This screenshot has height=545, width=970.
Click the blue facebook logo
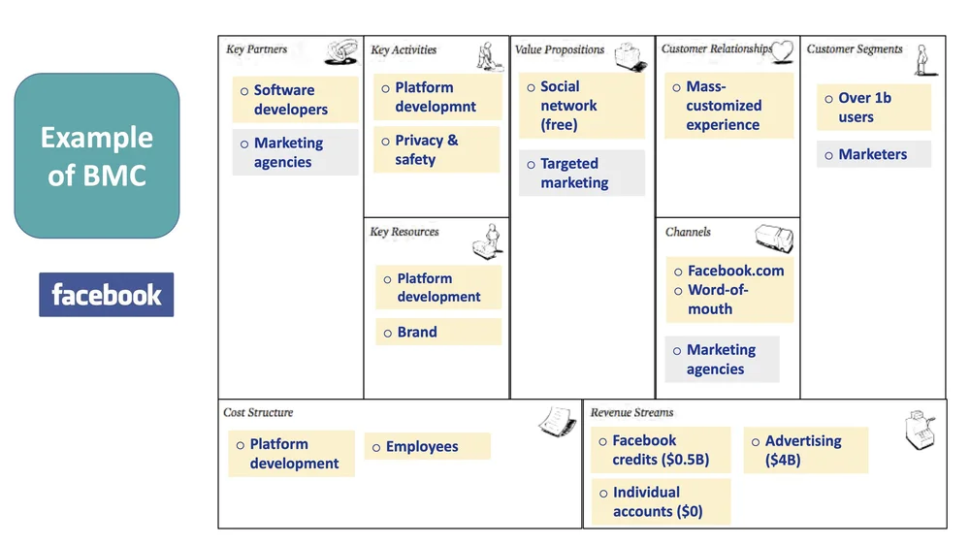click(x=106, y=295)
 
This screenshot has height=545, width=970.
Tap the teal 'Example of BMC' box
click(x=97, y=156)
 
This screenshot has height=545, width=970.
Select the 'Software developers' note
click(x=295, y=100)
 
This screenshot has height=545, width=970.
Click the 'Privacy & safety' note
click(x=436, y=149)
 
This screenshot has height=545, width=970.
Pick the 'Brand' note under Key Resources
click(x=437, y=332)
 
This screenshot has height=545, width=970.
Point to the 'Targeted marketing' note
click(x=581, y=173)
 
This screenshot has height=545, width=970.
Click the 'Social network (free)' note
click(x=581, y=106)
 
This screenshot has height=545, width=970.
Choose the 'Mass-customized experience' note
click(x=728, y=106)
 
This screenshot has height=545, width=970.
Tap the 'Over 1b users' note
click(x=873, y=108)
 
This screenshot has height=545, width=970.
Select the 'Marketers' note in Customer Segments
click(x=873, y=154)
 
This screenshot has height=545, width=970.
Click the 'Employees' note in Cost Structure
click(x=427, y=446)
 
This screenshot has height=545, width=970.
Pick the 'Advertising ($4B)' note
click(x=805, y=450)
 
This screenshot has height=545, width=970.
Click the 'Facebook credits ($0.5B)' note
click(x=661, y=450)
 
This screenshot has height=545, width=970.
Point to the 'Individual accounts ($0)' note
click(x=661, y=501)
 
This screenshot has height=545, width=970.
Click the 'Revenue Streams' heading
click(x=631, y=412)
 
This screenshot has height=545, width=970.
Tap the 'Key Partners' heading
click(x=256, y=49)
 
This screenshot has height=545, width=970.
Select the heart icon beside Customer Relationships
click(x=782, y=50)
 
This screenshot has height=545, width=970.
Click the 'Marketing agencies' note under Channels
click(x=722, y=359)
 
